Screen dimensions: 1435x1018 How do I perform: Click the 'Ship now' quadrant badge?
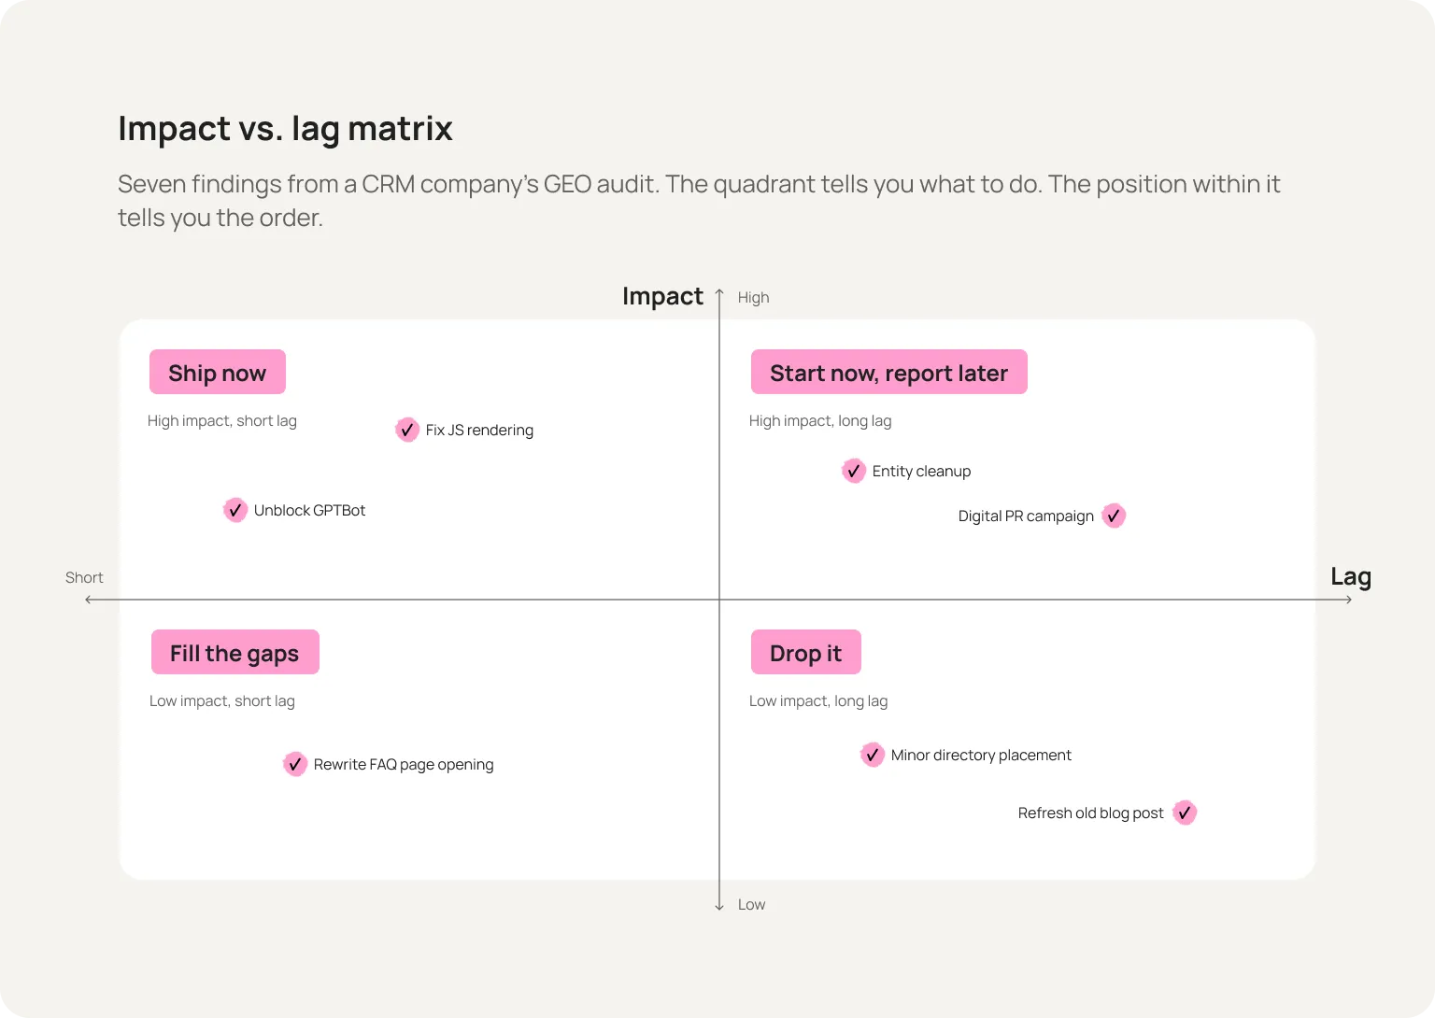[217, 372]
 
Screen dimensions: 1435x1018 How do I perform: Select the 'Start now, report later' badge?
[888, 372]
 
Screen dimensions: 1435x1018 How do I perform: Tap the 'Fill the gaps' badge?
[235, 653]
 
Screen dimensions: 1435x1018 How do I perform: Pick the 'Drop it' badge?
[806, 653]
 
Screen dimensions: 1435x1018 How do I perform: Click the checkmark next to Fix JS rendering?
[406, 430]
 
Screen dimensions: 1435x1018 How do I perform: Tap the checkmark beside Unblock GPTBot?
[235, 510]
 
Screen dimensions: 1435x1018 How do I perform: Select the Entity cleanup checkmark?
[853, 472]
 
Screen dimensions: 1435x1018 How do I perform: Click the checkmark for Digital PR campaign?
[1114, 516]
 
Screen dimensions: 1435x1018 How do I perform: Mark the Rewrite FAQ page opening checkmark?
[294, 765]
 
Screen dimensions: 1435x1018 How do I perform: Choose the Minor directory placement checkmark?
[872, 756]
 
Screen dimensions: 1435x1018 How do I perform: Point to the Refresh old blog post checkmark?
[1185, 813]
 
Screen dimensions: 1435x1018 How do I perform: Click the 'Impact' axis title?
[662, 296]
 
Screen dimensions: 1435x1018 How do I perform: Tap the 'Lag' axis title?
[1351, 577]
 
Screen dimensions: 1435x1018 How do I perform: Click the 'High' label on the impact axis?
[753, 298]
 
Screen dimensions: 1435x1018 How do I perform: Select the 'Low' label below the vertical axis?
[751, 905]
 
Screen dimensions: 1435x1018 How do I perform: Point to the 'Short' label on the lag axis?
[84, 577]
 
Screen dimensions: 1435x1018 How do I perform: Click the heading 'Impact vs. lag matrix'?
[285, 129]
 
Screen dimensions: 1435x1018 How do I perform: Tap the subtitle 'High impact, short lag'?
[222, 421]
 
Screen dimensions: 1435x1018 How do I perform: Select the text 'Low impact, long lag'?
[818, 701]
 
